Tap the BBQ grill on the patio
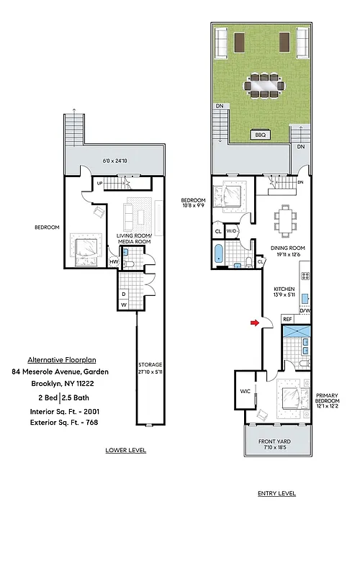(x=259, y=135)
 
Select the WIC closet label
(x=245, y=392)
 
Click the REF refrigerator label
(x=287, y=318)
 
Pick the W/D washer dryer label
(x=232, y=231)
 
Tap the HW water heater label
(x=114, y=262)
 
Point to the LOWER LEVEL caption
(x=126, y=451)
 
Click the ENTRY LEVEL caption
(x=276, y=494)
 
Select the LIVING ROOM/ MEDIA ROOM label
(x=133, y=238)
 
